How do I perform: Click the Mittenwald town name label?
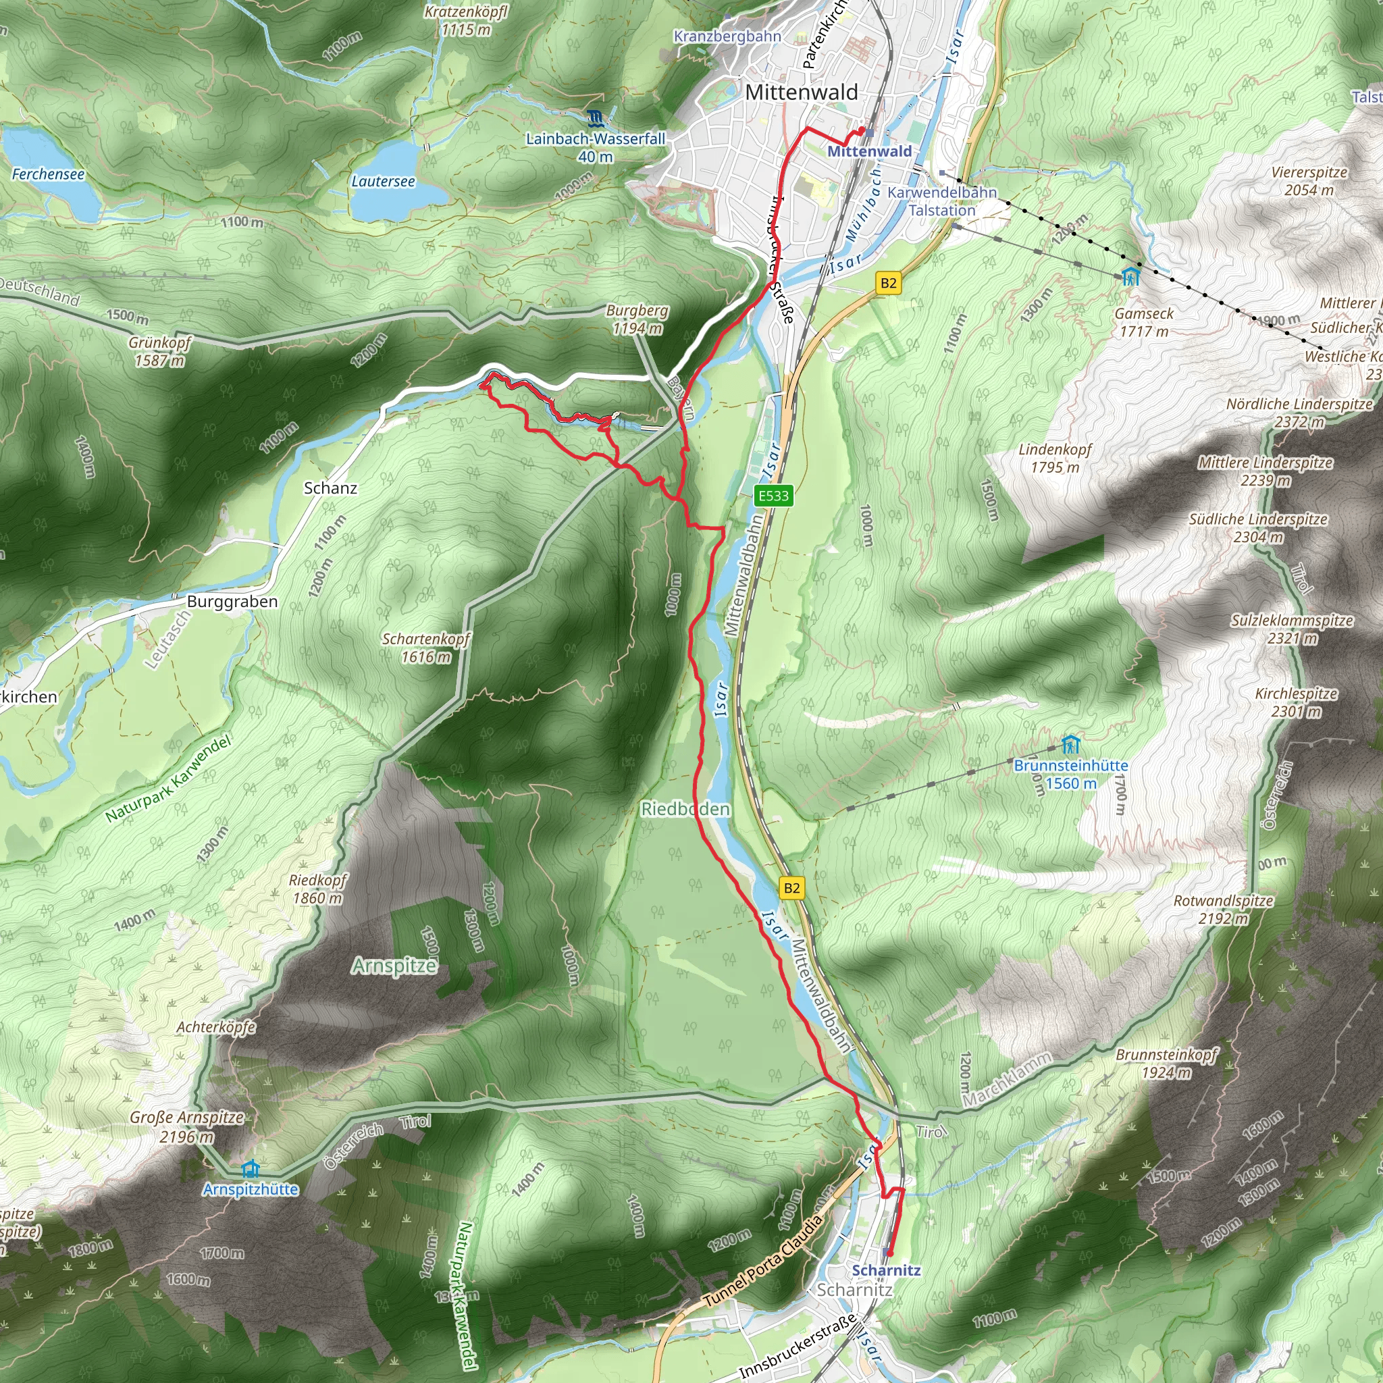tap(801, 93)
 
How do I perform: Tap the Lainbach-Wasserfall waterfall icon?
tap(594, 118)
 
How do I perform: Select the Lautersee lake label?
tap(383, 182)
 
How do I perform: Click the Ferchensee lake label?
tap(48, 175)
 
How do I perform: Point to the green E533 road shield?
tap(773, 496)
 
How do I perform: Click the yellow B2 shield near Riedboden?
tap(791, 889)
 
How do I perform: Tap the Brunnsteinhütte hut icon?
tap(1070, 744)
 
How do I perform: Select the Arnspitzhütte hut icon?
tap(250, 1170)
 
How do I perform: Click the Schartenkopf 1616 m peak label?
tap(426, 648)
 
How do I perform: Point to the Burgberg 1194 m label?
tap(637, 319)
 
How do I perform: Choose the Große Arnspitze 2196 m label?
tap(186, 1127)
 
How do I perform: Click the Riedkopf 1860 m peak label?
tap(317, 889)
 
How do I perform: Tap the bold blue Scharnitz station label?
tap(886, 1271)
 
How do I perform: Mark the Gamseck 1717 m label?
tap(1144, 322)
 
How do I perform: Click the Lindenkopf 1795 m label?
tap(1055, 458)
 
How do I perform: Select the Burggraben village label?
tap(232, 601)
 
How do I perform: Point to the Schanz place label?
tap(330, 488)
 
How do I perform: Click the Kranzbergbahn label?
tap(727, 36)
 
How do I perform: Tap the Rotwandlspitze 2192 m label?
tap(1224, 909)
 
